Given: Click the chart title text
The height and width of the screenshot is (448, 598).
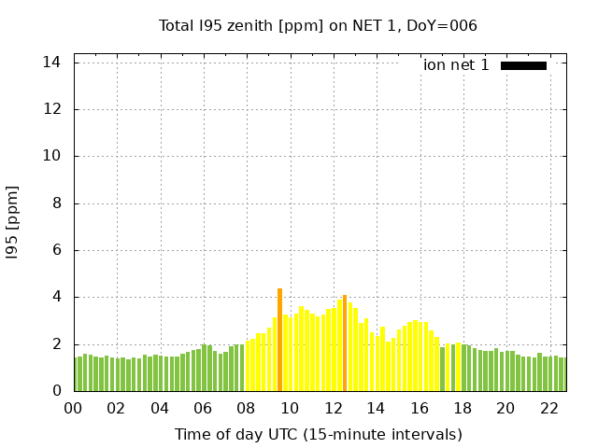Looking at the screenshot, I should coord(318,25).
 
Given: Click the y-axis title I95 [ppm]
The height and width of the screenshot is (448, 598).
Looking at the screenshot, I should coord(13,221).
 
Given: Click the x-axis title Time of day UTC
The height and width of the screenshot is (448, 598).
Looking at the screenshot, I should coord(318,434).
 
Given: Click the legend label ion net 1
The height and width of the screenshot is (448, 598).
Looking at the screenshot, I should coord(456,64).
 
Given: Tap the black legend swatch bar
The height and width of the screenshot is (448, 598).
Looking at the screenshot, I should coord(523,65).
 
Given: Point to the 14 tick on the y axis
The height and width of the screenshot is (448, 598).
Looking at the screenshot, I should coord(51,63).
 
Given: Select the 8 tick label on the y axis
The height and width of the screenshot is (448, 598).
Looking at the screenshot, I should coord(56,203).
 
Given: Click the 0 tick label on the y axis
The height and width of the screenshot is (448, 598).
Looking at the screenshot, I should coord(56,391).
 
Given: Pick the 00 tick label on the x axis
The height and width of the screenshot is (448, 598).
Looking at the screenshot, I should coord(73,409).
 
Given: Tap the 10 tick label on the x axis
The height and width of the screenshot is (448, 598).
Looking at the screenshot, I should coord(290,409).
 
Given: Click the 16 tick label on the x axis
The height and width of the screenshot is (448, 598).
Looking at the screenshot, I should coord(419,409).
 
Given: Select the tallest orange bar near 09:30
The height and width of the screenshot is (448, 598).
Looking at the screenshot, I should coord(279,340).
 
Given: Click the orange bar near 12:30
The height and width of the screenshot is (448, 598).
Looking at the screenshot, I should coord(345,343).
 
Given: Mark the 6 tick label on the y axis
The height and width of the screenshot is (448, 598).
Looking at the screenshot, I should coord(56,250).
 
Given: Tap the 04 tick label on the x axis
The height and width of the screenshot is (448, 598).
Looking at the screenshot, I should coord(160,409).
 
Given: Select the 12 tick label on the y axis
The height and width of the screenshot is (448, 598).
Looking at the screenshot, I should coord(51,109).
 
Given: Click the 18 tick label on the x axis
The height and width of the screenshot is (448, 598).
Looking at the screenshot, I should coord(462,409).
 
